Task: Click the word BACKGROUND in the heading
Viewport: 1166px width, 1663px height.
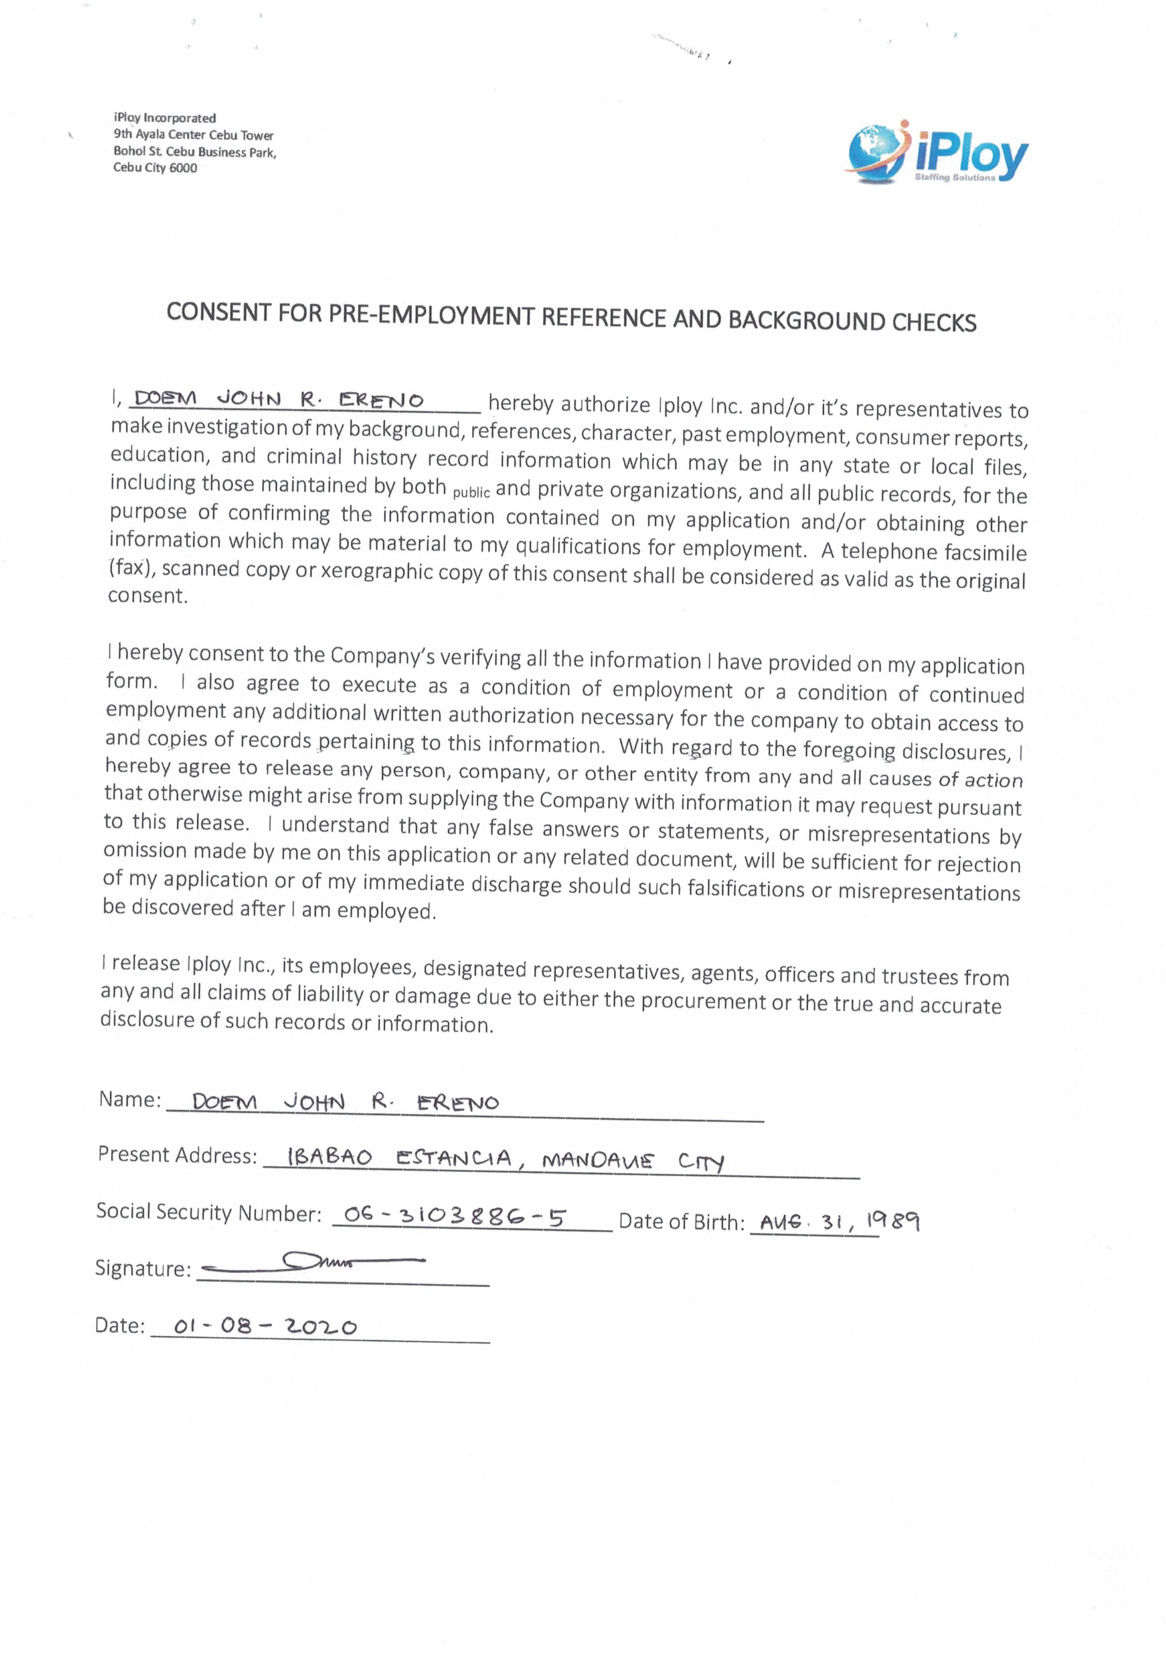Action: click(806, 320)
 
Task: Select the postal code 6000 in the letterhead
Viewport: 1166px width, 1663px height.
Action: click(183, 168)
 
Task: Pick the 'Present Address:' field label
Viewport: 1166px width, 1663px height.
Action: click(178, 1154)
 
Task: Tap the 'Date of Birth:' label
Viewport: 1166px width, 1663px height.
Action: click(681, 1222)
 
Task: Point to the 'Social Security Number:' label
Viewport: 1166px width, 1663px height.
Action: click(209, 1212)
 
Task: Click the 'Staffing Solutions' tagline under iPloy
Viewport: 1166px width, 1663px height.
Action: click(954, 178)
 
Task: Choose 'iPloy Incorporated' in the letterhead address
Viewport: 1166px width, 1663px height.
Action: click(165, 118)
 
